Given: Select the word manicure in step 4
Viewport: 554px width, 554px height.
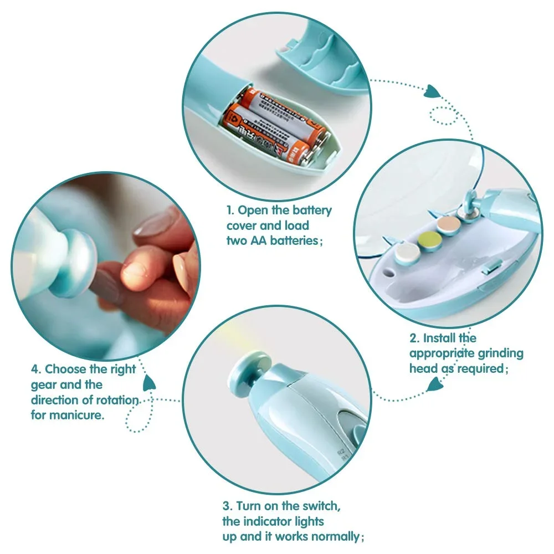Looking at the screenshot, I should click(82, 415).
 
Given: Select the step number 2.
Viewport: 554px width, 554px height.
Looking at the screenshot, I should click(413, 338).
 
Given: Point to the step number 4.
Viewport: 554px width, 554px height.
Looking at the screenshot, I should click(35, 369).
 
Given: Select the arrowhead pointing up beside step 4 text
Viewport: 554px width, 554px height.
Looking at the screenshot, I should click(148, 382).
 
